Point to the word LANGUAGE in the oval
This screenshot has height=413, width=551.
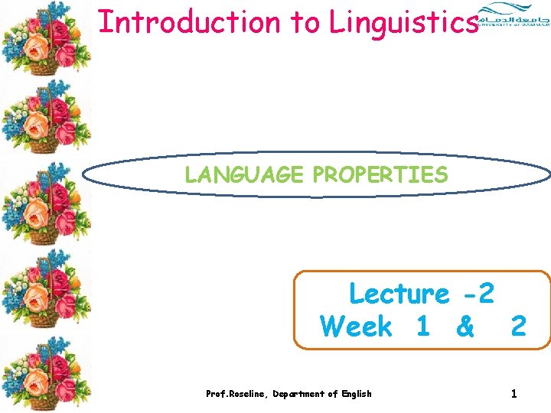click(x=244, y=175)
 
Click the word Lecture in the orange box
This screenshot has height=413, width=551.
click(x=399, y=293)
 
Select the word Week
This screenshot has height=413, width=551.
click(x=356, y=327)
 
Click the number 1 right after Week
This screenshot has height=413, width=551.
click(x=422, y=327)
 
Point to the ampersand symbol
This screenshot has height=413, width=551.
click(x=465, y=327)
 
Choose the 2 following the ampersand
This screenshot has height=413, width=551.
click(x=518, y=327)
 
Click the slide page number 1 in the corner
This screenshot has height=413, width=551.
click(x=514, y=394)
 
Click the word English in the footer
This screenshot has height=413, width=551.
click(x=354, y=394)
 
